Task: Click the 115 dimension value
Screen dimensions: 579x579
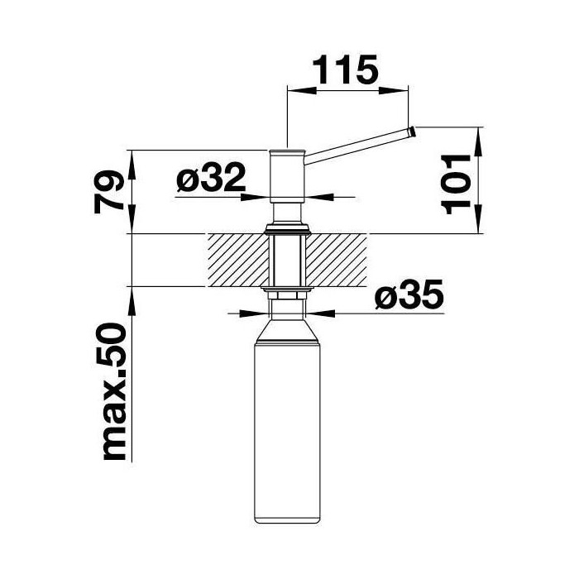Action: pos(345,69)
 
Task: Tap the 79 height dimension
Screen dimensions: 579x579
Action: pos(108,192)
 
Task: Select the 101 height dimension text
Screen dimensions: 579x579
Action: pos(456,184)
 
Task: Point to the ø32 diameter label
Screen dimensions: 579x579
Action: pos(211,177)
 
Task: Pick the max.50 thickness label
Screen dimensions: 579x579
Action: pos(116,391)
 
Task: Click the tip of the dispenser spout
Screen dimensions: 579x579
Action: pos(413,132)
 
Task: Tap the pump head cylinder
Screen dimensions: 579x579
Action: pos(287,176)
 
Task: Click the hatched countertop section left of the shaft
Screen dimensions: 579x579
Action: pos(238,261)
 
